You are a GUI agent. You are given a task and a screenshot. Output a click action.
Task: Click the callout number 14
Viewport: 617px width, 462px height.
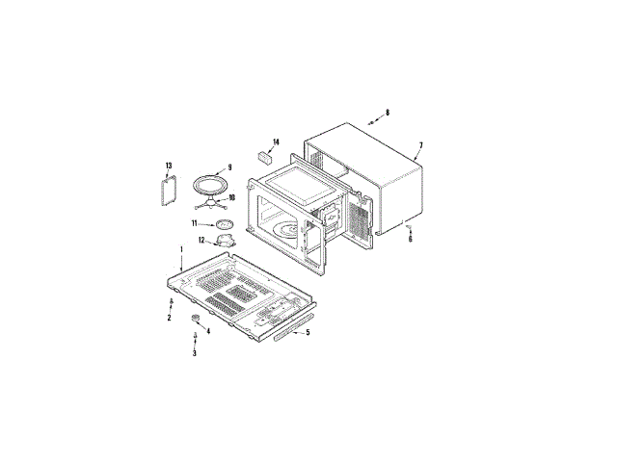click(x=276, y=141)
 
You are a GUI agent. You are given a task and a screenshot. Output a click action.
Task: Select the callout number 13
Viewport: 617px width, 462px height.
click(x=169, y=166)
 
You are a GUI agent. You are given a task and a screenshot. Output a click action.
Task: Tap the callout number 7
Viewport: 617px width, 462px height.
click(x=420, y=145)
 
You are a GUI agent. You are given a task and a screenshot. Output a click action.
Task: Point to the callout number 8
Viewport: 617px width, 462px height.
click(x=388, y=113)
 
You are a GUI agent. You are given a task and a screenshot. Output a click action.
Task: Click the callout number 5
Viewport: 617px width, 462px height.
click(x=308, y=332)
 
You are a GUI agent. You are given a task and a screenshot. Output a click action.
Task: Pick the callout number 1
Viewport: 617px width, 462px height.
click(x=181, y=249)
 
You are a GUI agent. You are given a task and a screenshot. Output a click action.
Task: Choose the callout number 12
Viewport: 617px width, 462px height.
click(x=201, y=240)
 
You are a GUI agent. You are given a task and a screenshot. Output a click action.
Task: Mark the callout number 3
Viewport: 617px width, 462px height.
click(x=195, y=353)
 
